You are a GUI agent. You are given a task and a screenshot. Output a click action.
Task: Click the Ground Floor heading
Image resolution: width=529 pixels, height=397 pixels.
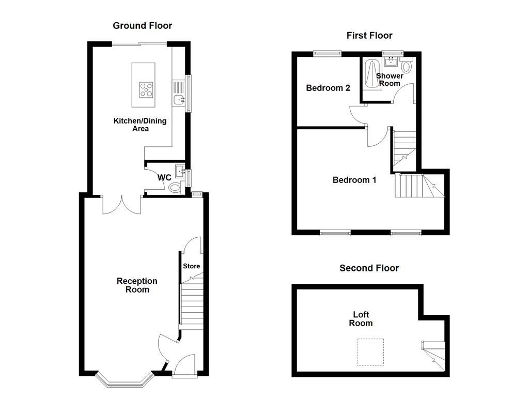142,25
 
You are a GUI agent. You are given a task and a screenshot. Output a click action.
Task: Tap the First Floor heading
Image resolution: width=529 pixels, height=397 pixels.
369,36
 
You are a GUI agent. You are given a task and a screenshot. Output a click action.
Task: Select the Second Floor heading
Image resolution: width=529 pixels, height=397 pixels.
369,268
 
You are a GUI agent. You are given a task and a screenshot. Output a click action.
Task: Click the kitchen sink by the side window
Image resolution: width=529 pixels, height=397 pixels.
179,99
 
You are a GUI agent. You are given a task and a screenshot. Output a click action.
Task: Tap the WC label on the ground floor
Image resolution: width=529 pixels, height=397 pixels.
164,177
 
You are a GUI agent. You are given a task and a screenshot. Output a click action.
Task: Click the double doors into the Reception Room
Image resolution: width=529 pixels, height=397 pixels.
121,205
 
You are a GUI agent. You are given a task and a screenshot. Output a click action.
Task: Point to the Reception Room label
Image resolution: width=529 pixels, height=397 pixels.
136,285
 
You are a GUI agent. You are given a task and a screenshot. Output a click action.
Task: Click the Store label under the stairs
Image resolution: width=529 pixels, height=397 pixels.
191,266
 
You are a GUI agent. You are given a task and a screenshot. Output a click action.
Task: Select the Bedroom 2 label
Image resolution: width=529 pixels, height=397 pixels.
328,88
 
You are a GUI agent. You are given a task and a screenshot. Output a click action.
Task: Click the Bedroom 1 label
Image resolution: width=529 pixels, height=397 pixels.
354,180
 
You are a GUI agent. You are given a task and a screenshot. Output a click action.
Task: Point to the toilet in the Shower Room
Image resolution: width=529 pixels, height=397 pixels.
406,66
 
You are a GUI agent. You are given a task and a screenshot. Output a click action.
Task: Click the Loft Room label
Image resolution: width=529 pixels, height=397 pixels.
361,318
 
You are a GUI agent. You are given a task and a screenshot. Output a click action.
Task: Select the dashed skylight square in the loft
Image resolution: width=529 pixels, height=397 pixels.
370,352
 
